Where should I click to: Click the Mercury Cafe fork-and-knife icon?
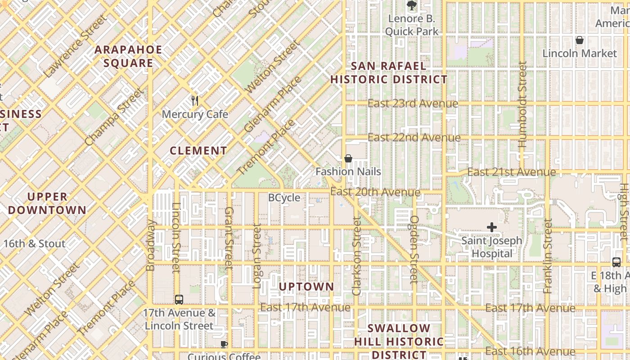tap(195, 101)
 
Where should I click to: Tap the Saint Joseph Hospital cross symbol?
tap(492, 227)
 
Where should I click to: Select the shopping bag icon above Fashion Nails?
tap(348, 158)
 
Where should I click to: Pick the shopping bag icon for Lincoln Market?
tap(580, 40)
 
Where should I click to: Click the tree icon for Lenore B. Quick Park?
tap(411, 5)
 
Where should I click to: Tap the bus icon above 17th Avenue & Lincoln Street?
tap(179, 299)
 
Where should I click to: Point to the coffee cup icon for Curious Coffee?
tap(224, 345)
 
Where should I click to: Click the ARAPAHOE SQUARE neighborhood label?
tap(128, 56)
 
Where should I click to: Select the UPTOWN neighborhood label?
tap(306, 287)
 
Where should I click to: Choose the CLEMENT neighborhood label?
tap(198, 151)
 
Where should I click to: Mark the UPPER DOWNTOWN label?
tap(47, 203)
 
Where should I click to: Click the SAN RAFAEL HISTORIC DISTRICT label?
tap(389, 73)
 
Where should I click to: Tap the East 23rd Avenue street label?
tap(413, 103)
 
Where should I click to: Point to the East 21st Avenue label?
tap(511, 172)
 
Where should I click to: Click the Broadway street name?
tap(151, 245)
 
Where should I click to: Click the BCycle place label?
tap(284, 198)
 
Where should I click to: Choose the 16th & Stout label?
tap(35, 244)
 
